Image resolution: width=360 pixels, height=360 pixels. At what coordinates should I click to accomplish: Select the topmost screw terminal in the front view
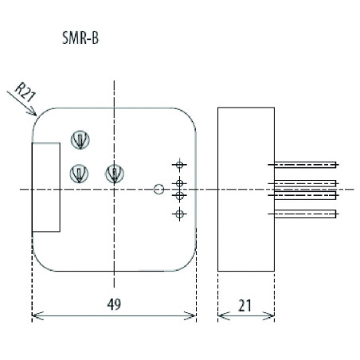click(x=80, y=139)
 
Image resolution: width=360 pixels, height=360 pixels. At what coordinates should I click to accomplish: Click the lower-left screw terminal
click(x=80, y=172)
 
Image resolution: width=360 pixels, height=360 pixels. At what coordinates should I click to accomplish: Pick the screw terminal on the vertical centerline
click(x=115, y=172)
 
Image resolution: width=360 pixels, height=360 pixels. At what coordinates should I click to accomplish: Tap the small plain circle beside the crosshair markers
click(x=158, y=190)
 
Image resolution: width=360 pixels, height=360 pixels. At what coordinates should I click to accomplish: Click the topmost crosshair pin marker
click(x=179, y=164)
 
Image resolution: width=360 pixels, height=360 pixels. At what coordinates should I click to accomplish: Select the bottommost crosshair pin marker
click(x=179, y=213)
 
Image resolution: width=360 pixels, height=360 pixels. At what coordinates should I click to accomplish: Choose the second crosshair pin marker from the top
click(x=179, y=183)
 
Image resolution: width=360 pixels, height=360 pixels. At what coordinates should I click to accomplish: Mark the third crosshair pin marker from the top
click(x=179, y=195)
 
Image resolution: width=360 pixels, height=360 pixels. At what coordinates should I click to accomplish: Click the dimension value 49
click(x=115, y=303)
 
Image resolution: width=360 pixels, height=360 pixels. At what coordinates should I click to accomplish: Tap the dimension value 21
click(x=245, y=303)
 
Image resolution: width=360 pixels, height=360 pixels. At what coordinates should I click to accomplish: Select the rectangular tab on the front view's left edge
click(x=45, y=188)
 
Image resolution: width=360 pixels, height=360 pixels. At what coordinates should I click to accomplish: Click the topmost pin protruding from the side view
click(x=307, y=165)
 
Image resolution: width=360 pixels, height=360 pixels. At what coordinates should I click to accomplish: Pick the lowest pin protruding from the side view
click(x=307, y=213)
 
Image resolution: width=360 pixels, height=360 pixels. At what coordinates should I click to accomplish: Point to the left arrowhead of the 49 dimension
click(x=35, y=316)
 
